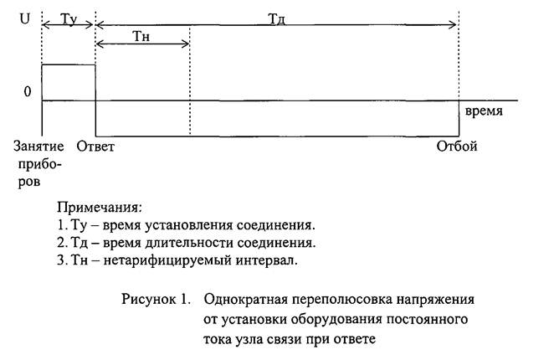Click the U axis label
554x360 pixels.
(x=25, y=18)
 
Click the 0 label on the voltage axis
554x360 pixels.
(x=28, y=91)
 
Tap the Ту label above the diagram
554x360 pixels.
(x=69, y=18)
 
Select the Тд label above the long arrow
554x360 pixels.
(x=277, y=18)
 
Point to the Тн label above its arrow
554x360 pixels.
(x=141, y=37)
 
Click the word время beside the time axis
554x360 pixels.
(x=484, y=111)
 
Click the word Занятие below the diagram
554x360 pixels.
(x=38, y=146)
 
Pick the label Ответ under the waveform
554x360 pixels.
(x=95, y=146)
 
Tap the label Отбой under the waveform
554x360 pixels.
(x=456, y=146)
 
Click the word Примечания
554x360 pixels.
(x=100, y=208)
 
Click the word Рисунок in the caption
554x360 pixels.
(x=149, y=299)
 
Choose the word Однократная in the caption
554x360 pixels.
(x=245, y=299)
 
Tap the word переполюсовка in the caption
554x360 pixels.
(x=341, y=300)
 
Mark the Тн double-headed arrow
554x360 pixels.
(x=143, y=44)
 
